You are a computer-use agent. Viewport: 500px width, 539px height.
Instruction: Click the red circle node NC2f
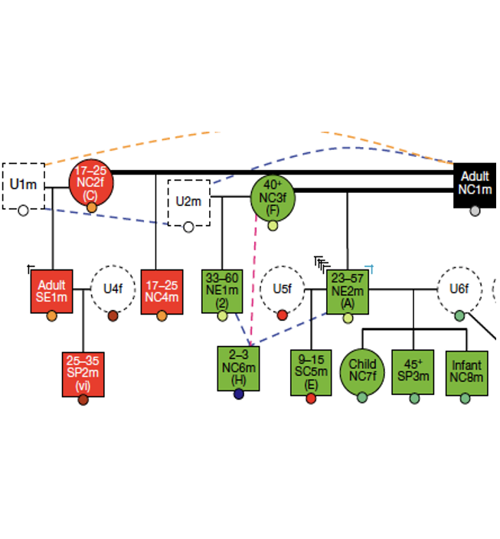click(91, 184)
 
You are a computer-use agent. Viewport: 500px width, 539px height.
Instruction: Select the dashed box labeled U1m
click(23, 185)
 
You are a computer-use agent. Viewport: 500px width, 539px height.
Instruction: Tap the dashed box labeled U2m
click(188, 202)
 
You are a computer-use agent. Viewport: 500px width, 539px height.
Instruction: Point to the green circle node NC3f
click(273, 198)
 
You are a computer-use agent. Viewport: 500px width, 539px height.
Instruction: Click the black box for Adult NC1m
click(475, 184)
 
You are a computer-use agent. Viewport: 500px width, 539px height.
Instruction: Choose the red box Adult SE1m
click(51, 291)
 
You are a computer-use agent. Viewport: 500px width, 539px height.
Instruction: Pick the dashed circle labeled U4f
click(113, 289)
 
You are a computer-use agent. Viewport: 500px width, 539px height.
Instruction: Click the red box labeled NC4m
click(161, 291)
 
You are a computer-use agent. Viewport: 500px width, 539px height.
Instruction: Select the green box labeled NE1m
click(222, 290)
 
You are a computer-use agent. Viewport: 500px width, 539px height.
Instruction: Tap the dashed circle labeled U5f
click(283, 289)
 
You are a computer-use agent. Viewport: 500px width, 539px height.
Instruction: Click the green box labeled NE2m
click(348, 290)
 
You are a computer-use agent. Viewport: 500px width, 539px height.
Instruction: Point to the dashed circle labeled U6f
click(459, 289)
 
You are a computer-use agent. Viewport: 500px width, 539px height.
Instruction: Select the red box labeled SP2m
click(83, 373)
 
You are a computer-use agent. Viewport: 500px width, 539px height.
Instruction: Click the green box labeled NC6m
click(239, 367)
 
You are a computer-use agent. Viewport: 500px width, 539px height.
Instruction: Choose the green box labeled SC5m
click(311, 372)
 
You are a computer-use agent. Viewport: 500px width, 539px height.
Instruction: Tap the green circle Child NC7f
click(362, 372)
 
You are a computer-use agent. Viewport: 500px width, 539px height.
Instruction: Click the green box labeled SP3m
click(413, 372)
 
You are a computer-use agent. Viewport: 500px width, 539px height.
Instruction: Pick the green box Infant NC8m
click(466, 372)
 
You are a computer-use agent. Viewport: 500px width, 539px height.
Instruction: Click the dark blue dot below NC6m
click(239, 394)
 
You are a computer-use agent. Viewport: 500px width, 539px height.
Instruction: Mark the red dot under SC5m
click(311, 398)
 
